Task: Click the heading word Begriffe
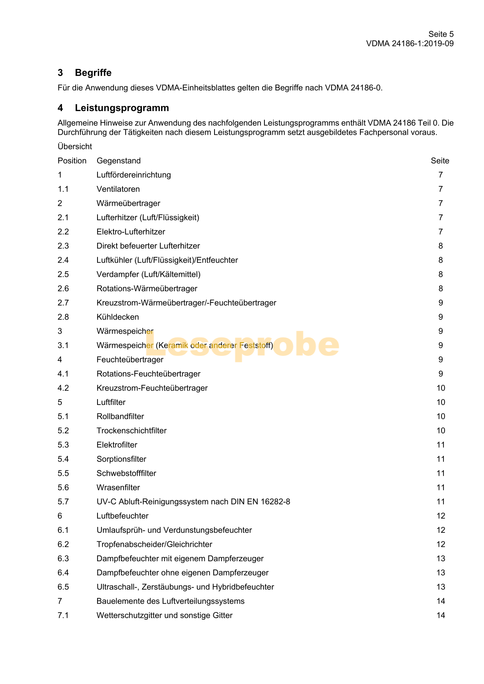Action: tap(93, 73)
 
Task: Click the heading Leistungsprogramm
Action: tap(122, 108)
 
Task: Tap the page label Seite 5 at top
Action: tap(441, 34)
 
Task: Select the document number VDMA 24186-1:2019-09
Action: tap(410, 44)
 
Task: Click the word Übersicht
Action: tap(75, 147)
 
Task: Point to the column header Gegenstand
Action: tap(119, 161)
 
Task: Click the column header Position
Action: tap(72, 161)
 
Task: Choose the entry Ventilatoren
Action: tap(118, 189)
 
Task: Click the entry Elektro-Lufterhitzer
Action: tap(131, 232)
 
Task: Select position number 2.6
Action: tap(63, 289)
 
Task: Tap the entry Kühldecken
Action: tap(118, 317)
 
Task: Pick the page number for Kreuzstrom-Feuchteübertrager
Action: tap(441, 388)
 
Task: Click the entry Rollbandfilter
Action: tap(120, 417)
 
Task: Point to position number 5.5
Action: tap(63, 474)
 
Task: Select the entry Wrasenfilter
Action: tap(118, 488)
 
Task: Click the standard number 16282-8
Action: tap(275, 502)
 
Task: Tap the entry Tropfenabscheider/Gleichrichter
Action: tap(154, 544)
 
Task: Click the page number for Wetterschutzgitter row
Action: tap(441, 615)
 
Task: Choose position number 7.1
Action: tap(63, 615)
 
